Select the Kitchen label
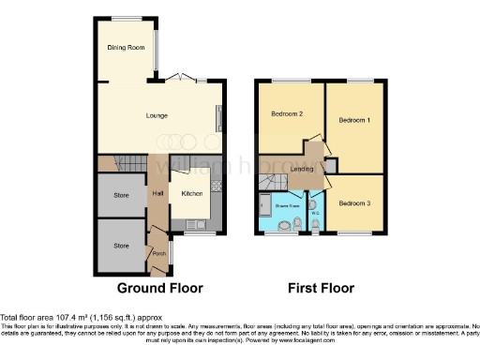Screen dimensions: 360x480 pyautogui.click(x=193, y=192)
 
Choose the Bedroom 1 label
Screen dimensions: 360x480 pyautogui.click(x=354, y=121)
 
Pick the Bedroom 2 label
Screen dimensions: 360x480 pyautogui.click(x=287, y=114)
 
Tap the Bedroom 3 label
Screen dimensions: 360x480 pyautogui.click(x=354, y=203)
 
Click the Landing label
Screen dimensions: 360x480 pyautogui.click(x=301, y=169)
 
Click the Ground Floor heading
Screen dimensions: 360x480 pyautogui.click(x=159, y=288)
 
